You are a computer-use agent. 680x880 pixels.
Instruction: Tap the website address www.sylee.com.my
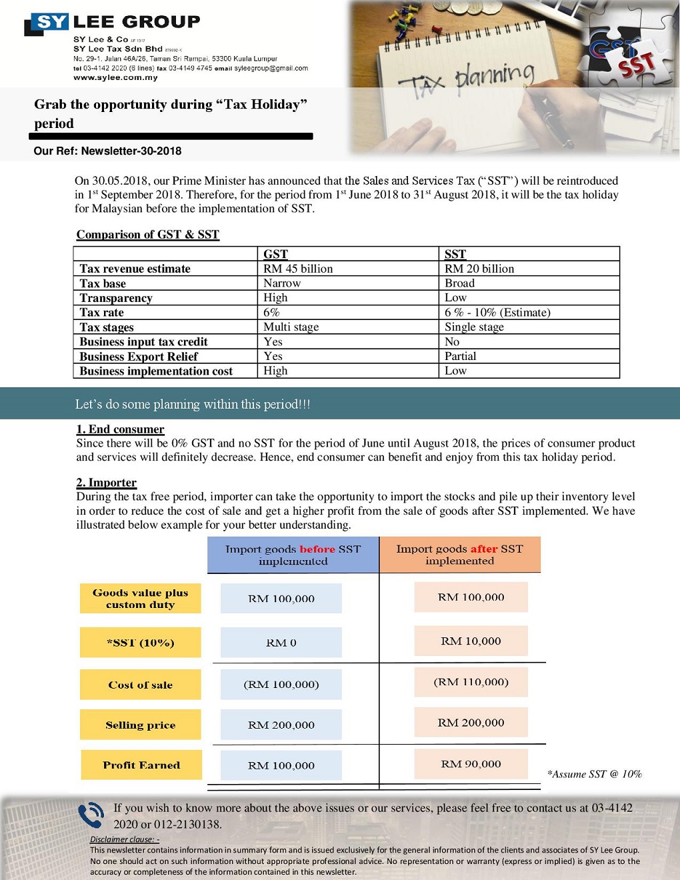click(115, 77)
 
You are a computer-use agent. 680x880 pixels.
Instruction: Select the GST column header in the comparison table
click(275, 254)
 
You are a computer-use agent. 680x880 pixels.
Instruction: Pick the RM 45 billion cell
click(298, 269)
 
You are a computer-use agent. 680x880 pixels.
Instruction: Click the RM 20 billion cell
click(479, 269)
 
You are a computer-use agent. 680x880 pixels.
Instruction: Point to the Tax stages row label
click(107, 327)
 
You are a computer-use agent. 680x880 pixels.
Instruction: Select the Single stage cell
click(474, 327)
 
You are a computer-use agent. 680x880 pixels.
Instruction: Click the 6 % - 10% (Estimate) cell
click(497, 313)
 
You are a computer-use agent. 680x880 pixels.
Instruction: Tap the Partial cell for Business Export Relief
click(460, 356)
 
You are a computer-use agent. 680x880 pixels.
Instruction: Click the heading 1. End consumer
click(120, 429)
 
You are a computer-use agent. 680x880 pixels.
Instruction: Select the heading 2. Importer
click(106, 483)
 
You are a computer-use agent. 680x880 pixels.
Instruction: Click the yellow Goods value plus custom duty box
click(140, 599)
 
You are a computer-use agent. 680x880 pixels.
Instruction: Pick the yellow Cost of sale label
click(140, 685)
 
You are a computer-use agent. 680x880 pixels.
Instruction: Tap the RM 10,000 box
click(471, 641)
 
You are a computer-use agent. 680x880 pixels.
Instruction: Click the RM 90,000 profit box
click(471, 764)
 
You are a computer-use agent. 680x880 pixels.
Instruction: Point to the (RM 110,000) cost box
click(471, 682)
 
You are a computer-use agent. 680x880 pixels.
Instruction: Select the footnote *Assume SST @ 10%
click(594, 774)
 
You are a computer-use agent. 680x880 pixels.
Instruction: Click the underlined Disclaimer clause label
click(125, 839)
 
